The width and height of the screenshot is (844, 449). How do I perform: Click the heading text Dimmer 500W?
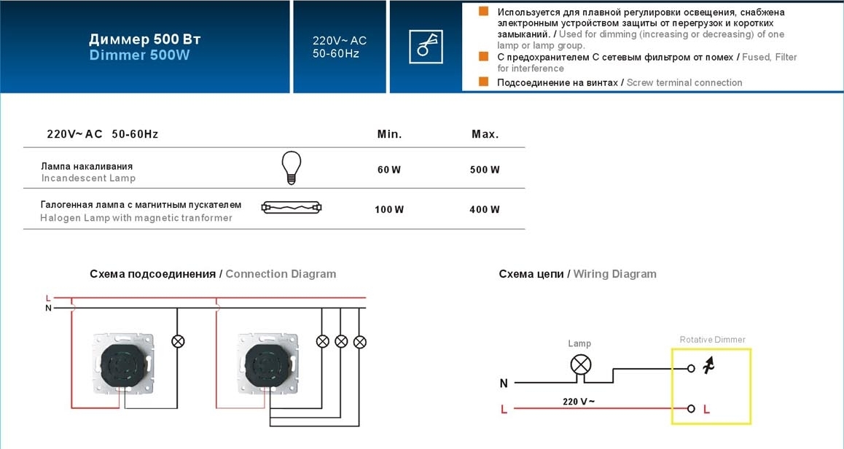pyautogui.click(x=139, y=55)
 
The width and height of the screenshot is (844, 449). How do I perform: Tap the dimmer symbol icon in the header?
pyautogui.click(x=426, y=47)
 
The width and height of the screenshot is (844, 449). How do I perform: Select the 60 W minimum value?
pyautogui.click(x=389, y=170)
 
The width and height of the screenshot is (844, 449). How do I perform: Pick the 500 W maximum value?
pyautogui.click(x=485, y=170)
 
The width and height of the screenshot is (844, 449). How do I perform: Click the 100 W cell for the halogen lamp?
pyautogui.click(x=389, y=209)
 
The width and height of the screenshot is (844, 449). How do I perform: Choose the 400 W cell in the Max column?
pyautogui.click(x=485, y=209)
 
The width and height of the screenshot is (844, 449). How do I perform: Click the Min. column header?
pyautogui.click(x=390, y=134)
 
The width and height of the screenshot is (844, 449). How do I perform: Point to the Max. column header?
pyautogui.click(x=485, y=134)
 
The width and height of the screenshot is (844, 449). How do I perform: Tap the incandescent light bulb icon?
pyautogui.click(x=292, y=168)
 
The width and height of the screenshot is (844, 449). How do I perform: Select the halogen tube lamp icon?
pyautogui.click(x=292, y=207)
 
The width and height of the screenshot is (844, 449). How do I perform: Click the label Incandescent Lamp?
pyautogui.click(x=88, y=178)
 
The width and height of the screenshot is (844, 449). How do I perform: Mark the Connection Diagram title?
pyautogui.click(x=281, y=274)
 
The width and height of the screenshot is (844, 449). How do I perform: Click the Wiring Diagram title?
pyautogui.click(x=614, y=274)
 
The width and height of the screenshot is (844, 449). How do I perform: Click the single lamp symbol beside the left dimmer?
pyautogui.click(x=178, y=341)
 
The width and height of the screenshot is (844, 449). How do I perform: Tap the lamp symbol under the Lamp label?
pyautogui.click(x=580, y=365)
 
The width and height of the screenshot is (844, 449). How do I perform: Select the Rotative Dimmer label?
pyautogui.click(x=712, y=340)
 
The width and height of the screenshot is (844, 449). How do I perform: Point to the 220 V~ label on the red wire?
pyautogui.click(x=579, y=402)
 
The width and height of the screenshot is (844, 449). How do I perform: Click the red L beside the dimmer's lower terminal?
pyautogui.click(x=707, y=410)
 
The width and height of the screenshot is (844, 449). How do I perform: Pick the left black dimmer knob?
pyautogui.click(x=123, y=364)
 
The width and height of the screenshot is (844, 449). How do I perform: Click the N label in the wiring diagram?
pyautogui.click(x=504, y=383)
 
